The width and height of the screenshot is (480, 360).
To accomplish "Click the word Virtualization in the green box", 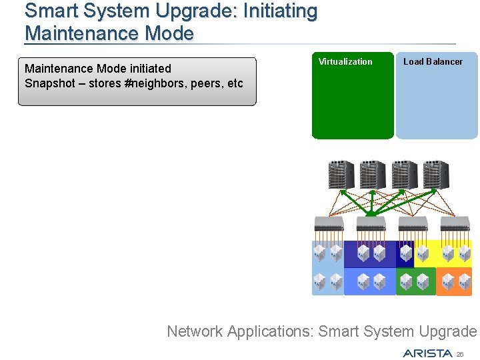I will [x=345, y=61].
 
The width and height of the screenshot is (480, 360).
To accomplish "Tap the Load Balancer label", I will [x=433, y=61].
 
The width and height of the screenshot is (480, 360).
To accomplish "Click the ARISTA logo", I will [x=427, y=353].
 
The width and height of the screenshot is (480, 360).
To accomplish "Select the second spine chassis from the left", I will [x=373, y=175].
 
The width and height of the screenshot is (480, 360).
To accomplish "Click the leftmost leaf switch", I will [x=329, y=223].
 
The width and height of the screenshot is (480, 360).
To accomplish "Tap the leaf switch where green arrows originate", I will [x=371, y=223].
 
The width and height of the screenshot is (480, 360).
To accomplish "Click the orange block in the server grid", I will [x=454, y=281].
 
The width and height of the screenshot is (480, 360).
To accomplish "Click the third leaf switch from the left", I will [x=413, y=223].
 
